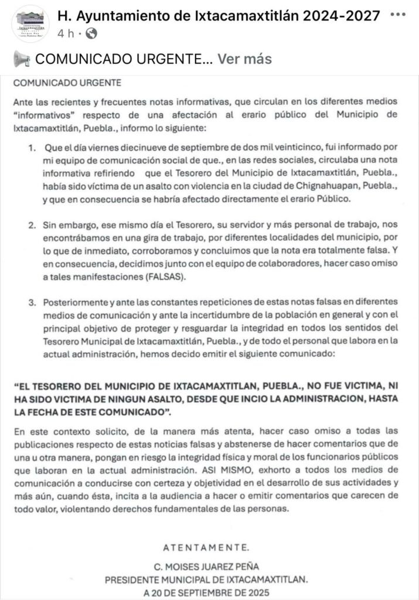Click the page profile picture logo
(x=30, y=23)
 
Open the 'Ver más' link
(x=244, y=59)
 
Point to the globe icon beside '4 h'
(x=91, y=33)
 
